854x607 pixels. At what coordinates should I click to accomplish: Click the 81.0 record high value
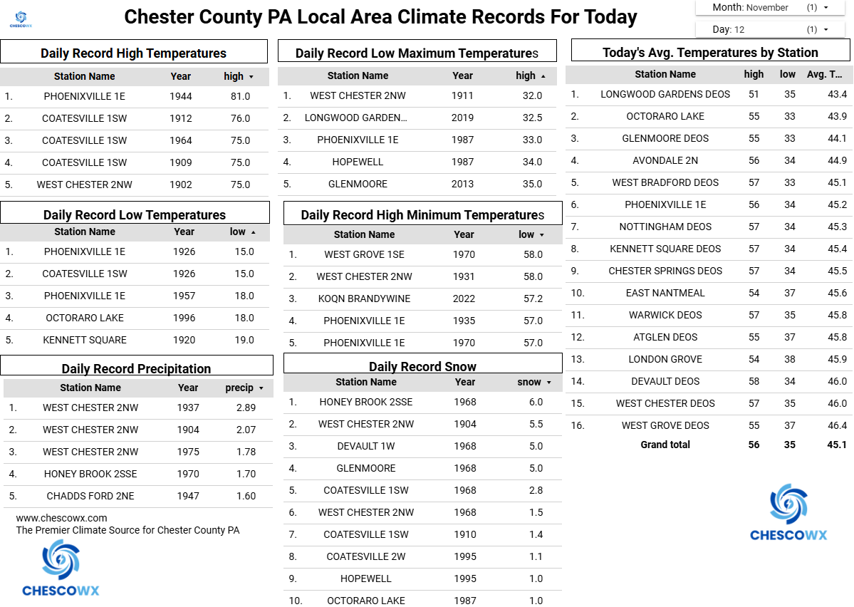pyautogui.click(x=241, y=96)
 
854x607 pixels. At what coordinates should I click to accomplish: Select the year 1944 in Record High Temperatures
pyautogui.click(x=181, y=96)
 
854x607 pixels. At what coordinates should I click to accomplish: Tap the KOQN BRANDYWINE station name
pyautogui.click(x=364, y=299)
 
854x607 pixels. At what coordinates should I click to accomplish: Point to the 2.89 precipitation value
pyautogui.click(x=246, y=408)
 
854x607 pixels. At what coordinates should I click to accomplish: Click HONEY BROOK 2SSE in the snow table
pyautogui.click(x=365, y=402)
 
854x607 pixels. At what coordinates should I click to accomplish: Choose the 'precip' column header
pyautogui.click(x=240, y=388)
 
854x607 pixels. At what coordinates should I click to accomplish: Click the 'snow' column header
pyautogui.click(x=529, y=382)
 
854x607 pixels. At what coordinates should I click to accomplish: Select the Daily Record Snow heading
pyautogui.click(x=422, y=366)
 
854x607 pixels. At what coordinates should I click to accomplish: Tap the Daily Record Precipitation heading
pyautogui.click(x=136, y=368)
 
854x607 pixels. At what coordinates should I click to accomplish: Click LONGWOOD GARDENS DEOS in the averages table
pyautogui.click(x=665, y=94)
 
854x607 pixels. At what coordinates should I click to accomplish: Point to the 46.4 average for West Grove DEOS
pyautogui.click(x=837, y=425)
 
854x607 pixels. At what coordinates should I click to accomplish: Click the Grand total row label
pyautogui.click(x=665, y=445)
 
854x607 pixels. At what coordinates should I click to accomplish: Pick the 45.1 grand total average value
pyautogui.click(x=837, y=445)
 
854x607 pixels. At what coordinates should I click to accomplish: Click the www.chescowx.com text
pyautogui.click(x=61, y=518)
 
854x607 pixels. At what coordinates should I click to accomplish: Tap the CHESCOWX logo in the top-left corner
pyautogui.click(x=20, y=19)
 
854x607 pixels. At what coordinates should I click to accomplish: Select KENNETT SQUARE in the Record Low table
pyautogui.click(x=85, y=340)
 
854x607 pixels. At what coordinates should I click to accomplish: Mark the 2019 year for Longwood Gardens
pyautogui.click(x=462, y=118)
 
